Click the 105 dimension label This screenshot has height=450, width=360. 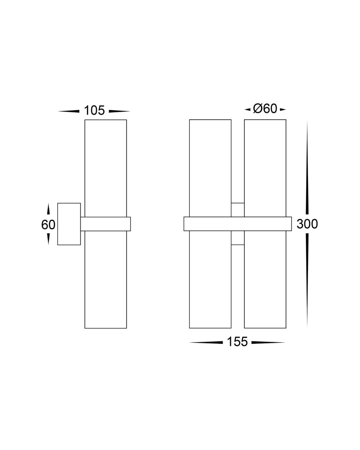click(x=94, y=110)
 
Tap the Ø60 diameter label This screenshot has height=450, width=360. click(x=265, y=109)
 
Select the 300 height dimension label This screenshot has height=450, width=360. click(x=307, y=224)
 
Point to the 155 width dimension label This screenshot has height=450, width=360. click(x=237, y=342)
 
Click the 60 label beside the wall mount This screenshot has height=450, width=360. click(x=48, y=225)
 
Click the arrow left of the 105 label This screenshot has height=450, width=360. click(x=68, y=111)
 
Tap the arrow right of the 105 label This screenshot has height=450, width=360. click(x=119, y=111)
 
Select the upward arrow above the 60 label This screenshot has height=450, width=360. click(x=48, y=209)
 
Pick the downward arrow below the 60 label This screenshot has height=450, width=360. click(x=48, y=239)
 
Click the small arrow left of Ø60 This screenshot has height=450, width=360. click(x=247, y=109)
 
